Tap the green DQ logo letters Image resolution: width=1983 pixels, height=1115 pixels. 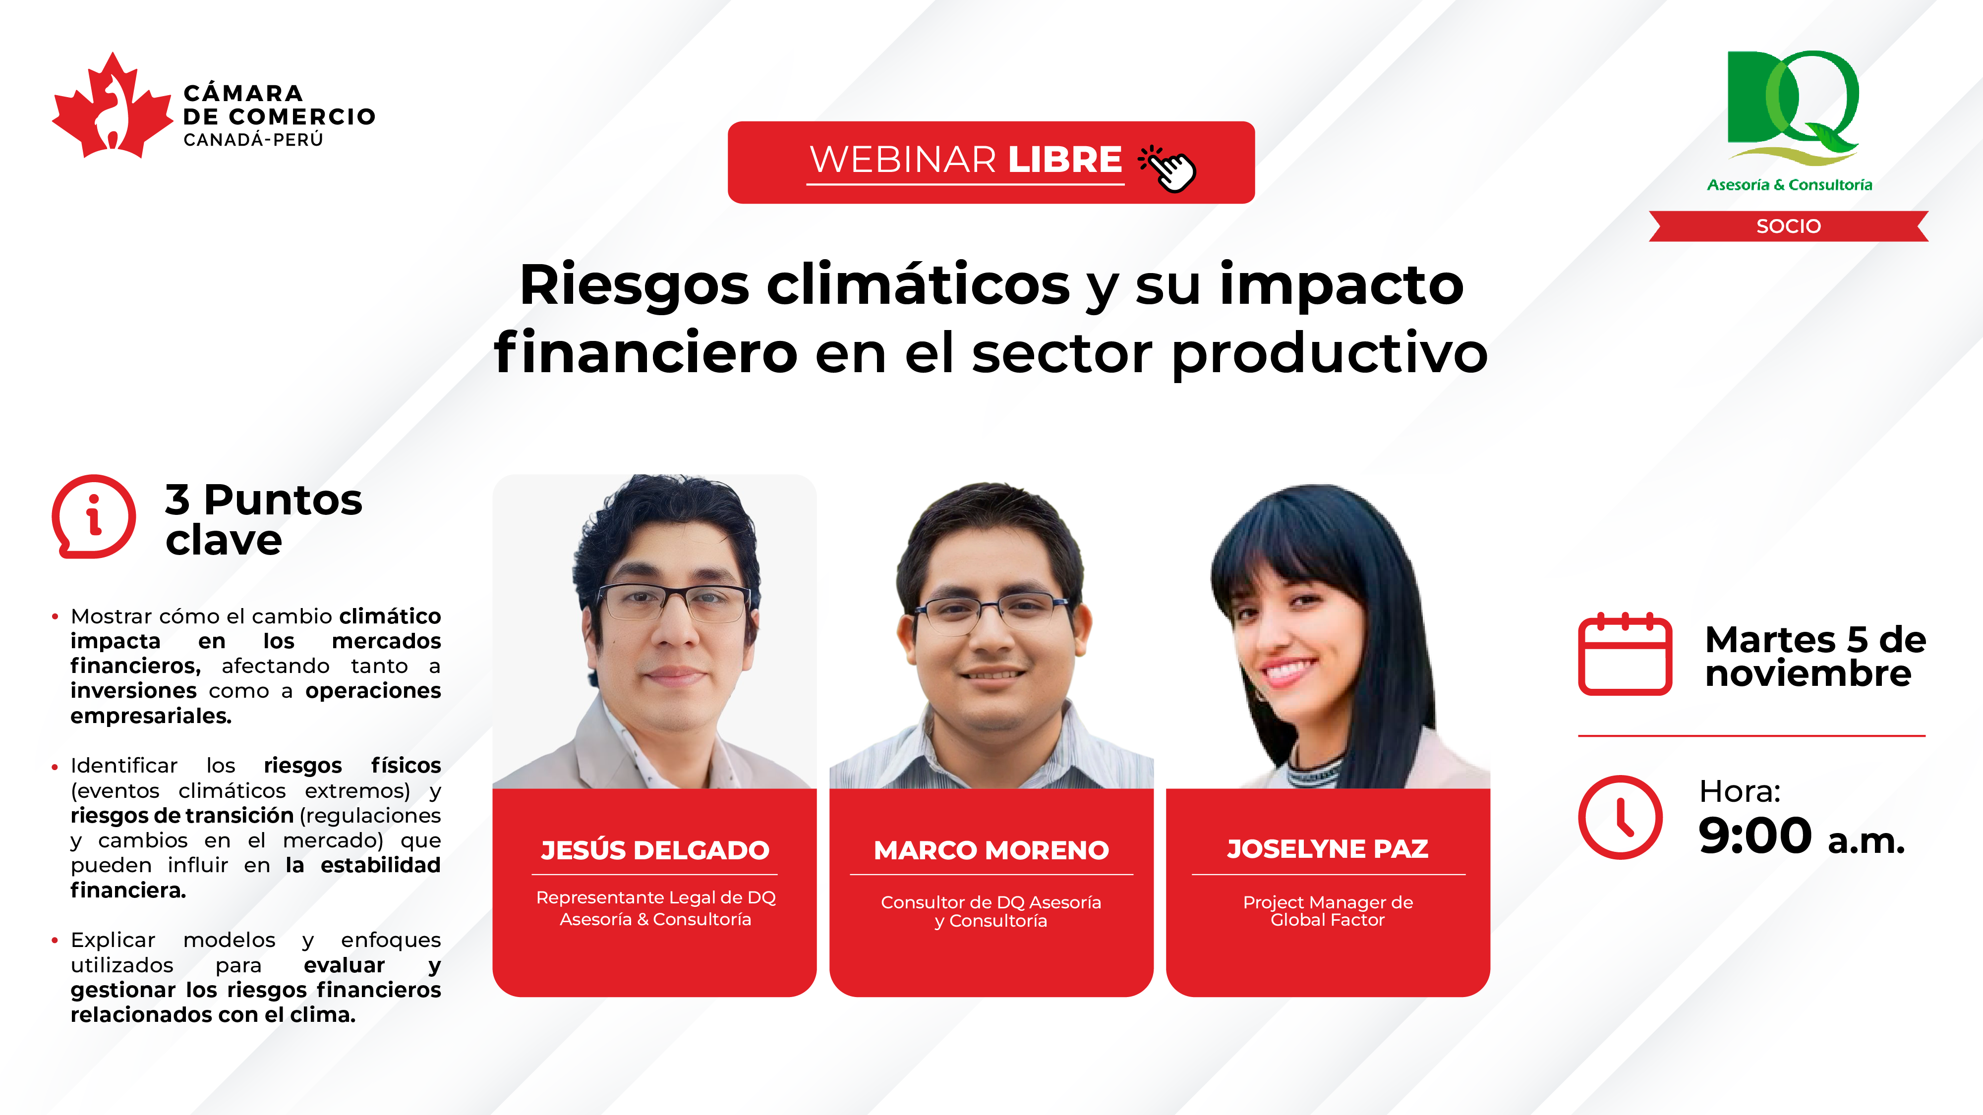[1792, 101]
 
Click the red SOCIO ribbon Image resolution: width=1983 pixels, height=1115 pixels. [1788, 226]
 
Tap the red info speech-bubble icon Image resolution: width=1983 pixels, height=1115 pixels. [93, 516]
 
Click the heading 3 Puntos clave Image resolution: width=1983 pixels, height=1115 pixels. [263, 519]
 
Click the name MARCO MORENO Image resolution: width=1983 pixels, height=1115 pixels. [991, 850]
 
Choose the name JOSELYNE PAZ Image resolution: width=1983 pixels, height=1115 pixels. [1328, 849]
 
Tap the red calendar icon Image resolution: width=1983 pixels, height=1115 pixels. [1625, 655]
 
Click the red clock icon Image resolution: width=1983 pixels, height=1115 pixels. [1621, 817]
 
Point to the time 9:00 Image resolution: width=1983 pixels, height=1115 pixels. [1755, 836]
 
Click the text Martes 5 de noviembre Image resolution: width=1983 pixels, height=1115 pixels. [1815, 657]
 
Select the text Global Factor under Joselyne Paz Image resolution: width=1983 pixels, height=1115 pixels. [1327, 920]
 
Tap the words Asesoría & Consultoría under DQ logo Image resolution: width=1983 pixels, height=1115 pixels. [1790, 185]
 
